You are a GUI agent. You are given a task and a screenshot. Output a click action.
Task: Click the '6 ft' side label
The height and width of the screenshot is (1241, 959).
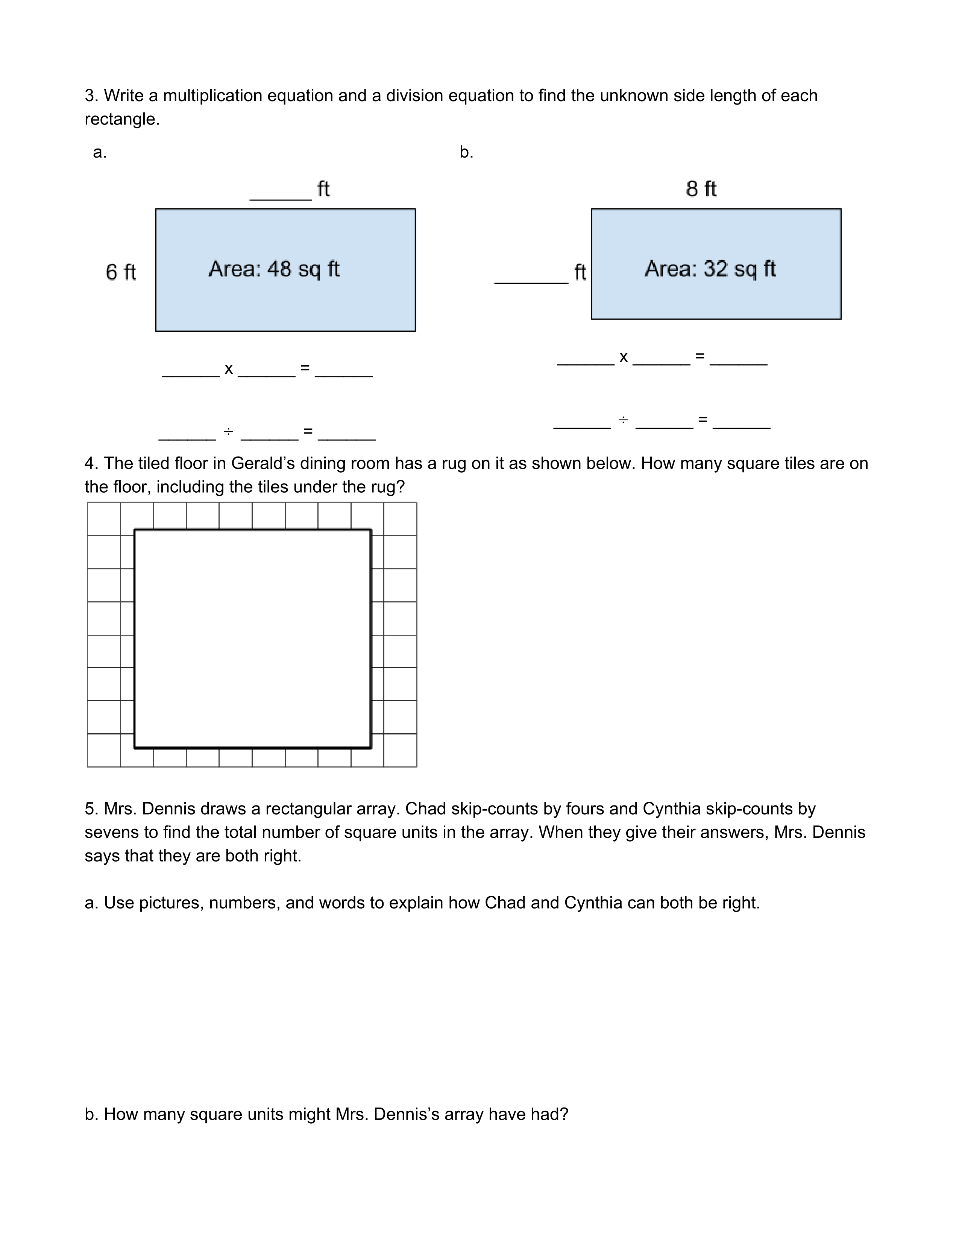(x=120, y=272)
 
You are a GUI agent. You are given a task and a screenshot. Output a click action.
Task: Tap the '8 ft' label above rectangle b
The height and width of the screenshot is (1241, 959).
(x=701, y=189)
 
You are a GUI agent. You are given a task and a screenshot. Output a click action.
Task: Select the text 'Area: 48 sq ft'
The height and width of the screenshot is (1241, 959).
(x=274, y=269)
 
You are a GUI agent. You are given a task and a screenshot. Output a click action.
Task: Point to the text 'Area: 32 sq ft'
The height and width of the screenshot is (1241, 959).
(x=710, y=269)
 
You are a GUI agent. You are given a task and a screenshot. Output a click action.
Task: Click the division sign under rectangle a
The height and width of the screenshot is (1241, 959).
(x=228, y=432)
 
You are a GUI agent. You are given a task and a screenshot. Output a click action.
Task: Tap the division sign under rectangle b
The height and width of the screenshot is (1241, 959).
(x=623, y=420)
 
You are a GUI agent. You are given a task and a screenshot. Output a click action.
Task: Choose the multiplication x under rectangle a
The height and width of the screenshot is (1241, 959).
(x=228, y=369)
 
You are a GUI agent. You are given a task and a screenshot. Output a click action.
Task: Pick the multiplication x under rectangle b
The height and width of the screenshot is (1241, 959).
(x=623, y=357)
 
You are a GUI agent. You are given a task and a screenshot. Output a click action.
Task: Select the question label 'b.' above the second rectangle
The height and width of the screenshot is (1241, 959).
(x=466, y=152)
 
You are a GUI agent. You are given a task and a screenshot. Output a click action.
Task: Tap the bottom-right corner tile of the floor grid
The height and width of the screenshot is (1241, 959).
(x=400, y=750)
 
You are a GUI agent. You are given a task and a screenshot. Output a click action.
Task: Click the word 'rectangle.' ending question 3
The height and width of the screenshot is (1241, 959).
(x=122, y=119)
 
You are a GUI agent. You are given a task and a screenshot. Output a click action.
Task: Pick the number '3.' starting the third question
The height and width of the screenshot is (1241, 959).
(x=91, y=96)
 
